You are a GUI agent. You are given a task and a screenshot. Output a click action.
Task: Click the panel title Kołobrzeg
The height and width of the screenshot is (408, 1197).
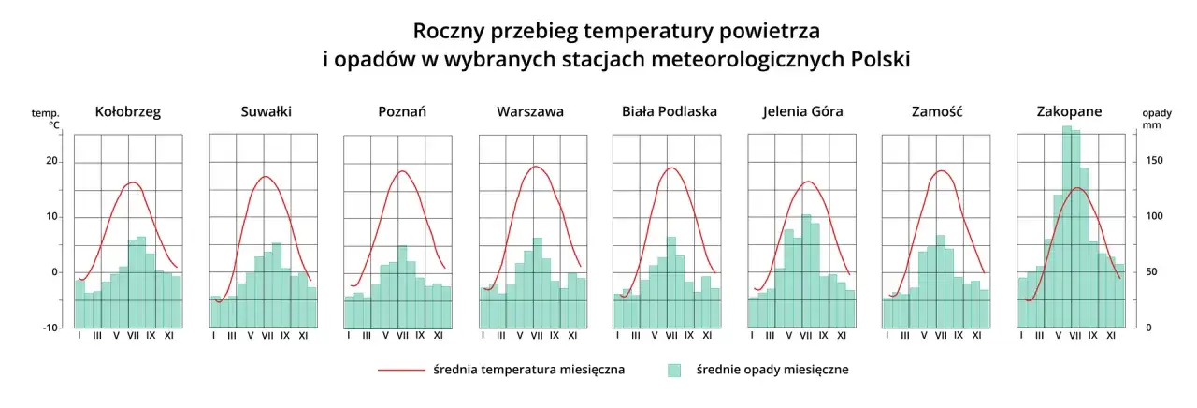128,111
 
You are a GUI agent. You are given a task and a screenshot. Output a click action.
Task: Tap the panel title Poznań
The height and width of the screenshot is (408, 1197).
402,111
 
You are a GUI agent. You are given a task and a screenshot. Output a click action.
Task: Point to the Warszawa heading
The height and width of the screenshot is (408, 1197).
530,111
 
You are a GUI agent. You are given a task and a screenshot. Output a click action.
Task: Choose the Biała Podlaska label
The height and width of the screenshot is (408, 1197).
670,111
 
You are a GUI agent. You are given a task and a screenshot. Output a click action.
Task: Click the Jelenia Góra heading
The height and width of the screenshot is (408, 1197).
802,111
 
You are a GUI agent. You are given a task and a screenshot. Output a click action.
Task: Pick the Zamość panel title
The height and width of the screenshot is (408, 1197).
937,111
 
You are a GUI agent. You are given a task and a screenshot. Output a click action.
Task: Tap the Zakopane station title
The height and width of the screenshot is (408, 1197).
1069,111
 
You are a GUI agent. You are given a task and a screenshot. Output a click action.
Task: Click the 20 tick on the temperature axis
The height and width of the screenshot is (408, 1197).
52,162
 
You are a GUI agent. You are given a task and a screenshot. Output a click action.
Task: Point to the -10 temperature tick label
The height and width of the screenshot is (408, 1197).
50,328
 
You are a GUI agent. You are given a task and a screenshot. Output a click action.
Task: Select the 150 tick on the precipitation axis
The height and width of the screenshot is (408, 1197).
1155,162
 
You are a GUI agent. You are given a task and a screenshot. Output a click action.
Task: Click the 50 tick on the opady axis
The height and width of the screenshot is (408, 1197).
1152,272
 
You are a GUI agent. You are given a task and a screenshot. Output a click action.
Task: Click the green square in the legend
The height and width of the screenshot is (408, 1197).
673,371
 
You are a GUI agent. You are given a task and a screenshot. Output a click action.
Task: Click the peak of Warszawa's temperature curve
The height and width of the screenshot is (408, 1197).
536,167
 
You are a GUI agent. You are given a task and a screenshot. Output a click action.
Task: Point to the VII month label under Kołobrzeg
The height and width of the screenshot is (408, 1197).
133,335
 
